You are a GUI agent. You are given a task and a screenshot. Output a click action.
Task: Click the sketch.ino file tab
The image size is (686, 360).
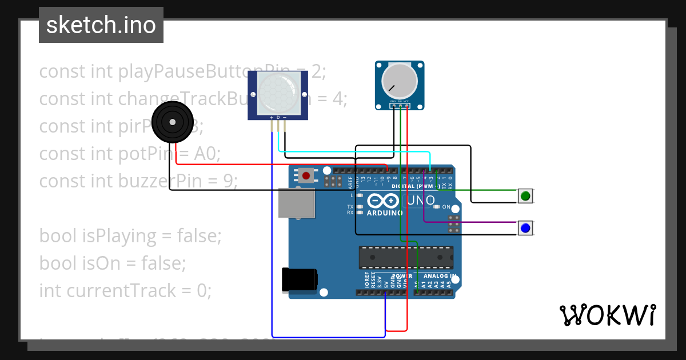click(x=101, y=25)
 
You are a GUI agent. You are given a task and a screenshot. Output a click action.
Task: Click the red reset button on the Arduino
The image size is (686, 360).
click(x=306, y=175)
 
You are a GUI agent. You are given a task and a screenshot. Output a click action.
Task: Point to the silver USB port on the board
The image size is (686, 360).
click(x=297, y=203)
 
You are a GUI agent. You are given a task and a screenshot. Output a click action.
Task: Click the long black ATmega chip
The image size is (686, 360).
click(x=406, y=258)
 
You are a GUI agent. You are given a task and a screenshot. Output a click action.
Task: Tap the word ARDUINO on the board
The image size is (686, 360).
click(x=384, y=213)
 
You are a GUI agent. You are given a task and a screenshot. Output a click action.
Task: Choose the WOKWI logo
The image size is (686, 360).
click(x=607, y=315)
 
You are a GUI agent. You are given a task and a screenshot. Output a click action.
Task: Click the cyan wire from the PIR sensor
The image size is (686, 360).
click(x=354, y=153)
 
